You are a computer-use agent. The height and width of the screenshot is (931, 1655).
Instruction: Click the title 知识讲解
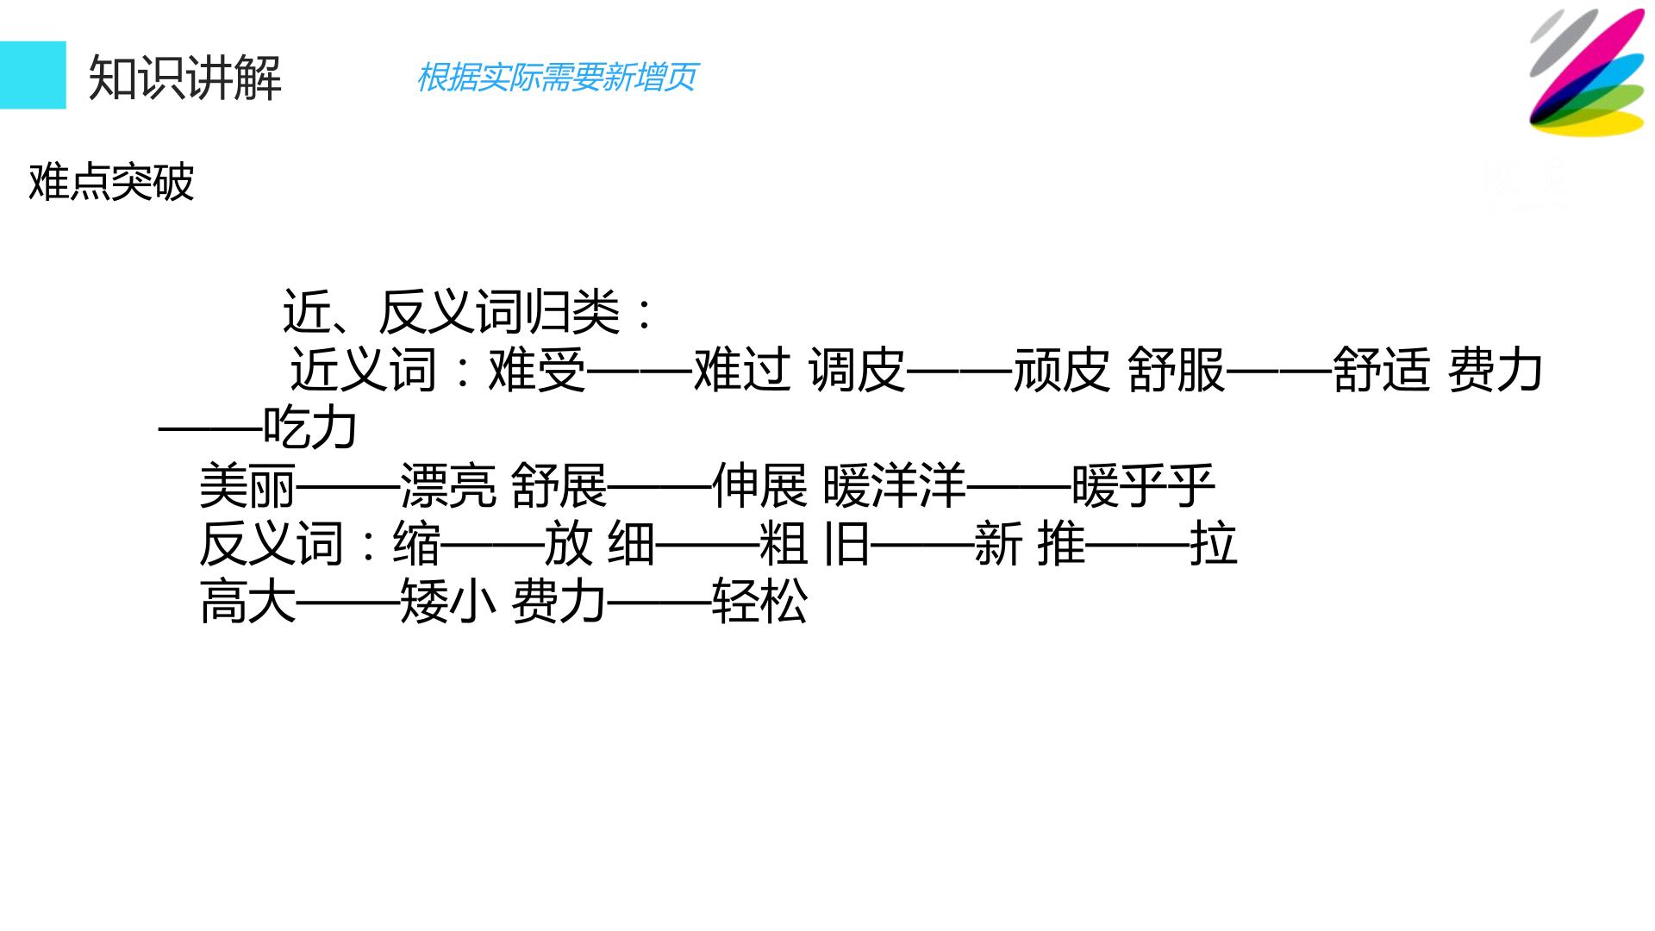point(185,78)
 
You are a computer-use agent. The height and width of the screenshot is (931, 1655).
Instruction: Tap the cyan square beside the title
point(33,75)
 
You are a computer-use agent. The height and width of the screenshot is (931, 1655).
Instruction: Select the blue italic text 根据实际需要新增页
point(557,78)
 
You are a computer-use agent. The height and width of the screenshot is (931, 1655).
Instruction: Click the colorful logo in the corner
point(1587,72)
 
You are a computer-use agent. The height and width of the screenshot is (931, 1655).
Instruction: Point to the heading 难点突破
point(112,182)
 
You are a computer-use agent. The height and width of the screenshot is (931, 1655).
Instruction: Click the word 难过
point(742,370)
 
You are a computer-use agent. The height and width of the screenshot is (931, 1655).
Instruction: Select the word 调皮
point(858,370)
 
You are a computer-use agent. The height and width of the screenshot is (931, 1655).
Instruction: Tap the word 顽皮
point(1061,370)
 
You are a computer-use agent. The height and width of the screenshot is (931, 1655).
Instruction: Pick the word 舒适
point(1382,370)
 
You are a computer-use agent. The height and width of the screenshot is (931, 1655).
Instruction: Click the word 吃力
point(310,428)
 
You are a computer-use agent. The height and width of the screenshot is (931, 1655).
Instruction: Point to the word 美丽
point(247,485)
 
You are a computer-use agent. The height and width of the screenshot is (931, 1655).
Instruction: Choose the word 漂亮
point(448,485)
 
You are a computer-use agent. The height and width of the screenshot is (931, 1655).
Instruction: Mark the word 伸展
point(759,485)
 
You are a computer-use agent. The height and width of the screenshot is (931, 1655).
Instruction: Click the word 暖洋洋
point(895,485)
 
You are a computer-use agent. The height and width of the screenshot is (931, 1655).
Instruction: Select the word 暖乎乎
point(1144,485)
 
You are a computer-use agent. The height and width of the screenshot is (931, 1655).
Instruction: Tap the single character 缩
point(416,544)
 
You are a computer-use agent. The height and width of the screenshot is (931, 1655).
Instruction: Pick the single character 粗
point(784,544)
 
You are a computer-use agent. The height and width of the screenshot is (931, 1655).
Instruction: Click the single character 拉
point(1214,544)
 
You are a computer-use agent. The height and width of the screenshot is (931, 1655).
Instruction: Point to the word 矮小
point(448,602)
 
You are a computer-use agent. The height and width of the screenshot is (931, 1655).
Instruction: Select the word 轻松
point(759,602)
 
